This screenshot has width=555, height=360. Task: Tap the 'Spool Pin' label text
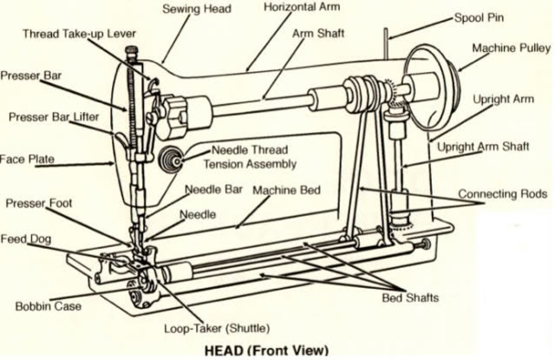pyautogui.click(x=482, y=17)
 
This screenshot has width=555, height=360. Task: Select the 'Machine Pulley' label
pyautogui.click(x=511, y=48)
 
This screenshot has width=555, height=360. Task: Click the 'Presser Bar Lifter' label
pyautogui.click(x=54, y=116)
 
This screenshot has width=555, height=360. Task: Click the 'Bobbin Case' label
pyautogui.click(x=47, y=305)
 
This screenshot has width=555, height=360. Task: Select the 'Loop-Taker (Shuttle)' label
pyautogui.click(x=217, y=329)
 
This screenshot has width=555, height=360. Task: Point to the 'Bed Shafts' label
pyautogui.click(x=410, y=298)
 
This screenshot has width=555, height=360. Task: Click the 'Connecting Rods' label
pyautogui.click(x=504, y=193)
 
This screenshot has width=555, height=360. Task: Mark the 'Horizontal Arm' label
pyautogui.click(x=302, y=7)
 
